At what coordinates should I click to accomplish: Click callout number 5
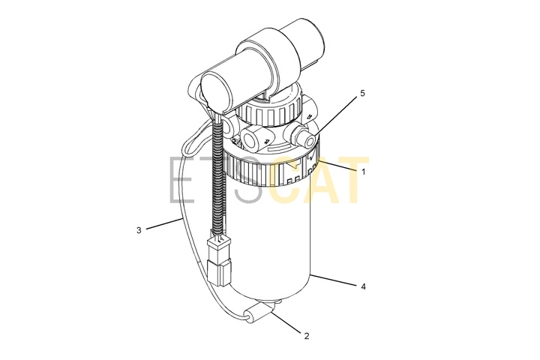(362, 93)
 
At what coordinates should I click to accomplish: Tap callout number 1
(363, 172)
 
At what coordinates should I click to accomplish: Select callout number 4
(363, 286)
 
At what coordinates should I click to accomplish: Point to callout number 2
(307, 336)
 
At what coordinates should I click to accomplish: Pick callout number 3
(139, 230)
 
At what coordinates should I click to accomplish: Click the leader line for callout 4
(333, 279)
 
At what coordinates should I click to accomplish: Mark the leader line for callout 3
(163, 223)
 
